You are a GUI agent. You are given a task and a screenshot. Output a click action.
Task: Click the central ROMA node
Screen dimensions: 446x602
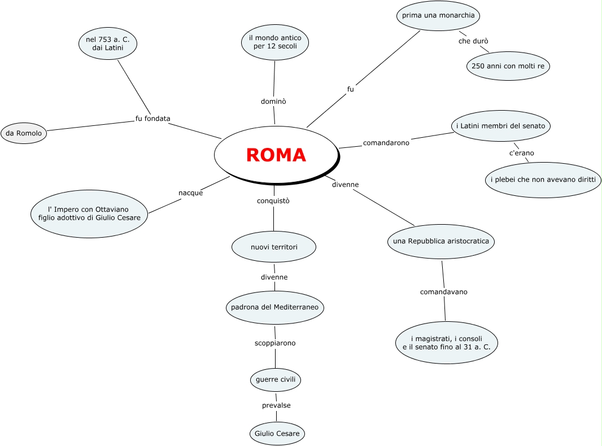276,154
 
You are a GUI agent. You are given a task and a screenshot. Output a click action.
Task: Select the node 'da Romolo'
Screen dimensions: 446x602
24,133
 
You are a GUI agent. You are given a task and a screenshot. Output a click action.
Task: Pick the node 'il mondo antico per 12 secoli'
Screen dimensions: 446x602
275,42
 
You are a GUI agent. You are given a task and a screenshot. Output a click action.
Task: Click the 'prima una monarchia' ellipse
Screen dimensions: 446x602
438,15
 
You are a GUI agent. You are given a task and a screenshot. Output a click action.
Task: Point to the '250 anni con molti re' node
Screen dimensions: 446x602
508,66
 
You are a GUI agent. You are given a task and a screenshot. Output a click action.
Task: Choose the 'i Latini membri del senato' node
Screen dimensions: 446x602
501,126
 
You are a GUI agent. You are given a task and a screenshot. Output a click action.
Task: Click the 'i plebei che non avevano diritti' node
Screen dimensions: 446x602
543,180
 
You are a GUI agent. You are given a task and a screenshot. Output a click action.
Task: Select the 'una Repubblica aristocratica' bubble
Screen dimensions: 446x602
441,242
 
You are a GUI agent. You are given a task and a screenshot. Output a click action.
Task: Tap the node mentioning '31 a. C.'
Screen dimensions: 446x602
446,342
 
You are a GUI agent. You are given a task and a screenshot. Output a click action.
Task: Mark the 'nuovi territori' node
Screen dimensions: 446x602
274,247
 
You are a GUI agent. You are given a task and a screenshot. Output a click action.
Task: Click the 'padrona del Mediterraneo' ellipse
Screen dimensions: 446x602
275,308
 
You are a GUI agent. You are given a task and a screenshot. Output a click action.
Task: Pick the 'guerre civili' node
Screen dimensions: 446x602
275,379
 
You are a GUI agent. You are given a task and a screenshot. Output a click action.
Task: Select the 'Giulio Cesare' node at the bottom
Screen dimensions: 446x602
277,434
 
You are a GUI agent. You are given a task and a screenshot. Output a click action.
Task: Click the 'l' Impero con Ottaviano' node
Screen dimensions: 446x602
89,213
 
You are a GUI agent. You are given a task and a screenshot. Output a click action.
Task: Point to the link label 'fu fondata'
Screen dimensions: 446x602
152,119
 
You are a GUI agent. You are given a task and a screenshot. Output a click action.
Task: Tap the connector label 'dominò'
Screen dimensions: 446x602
273,102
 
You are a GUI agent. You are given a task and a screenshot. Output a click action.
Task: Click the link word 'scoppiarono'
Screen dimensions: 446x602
275,343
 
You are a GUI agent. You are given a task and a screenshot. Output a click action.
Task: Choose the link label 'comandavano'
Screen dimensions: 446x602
443,292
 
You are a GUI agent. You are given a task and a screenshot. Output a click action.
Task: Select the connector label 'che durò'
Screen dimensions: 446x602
473,41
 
